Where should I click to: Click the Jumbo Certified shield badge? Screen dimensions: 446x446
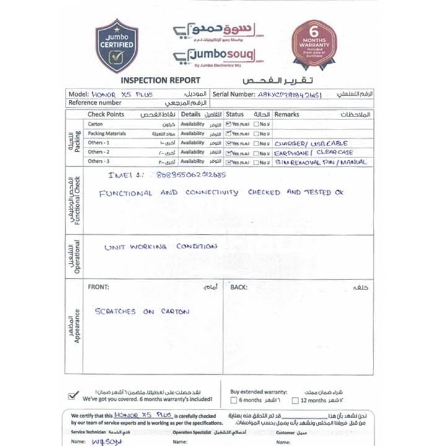coord(116,46)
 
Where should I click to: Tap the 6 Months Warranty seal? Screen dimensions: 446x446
coord(314,44)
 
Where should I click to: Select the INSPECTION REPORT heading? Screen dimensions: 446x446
coord(160,81)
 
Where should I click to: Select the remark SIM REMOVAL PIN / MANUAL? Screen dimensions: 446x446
coord(321,162)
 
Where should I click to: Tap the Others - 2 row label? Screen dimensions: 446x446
coord(98,152)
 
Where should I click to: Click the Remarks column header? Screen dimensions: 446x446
coord(287,115)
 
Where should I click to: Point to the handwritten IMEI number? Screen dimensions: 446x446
coord(191,175)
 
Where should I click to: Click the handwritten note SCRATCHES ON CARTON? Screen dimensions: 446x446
coord(142,312)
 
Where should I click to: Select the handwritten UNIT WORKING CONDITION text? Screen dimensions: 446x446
coord(160,247)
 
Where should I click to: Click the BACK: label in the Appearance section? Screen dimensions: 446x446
coord(238,287)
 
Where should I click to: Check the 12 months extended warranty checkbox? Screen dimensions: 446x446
coord(295,401)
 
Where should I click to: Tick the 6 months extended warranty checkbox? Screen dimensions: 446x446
coord(234,401)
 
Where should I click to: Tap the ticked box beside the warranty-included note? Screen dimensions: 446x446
coord(74,395)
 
